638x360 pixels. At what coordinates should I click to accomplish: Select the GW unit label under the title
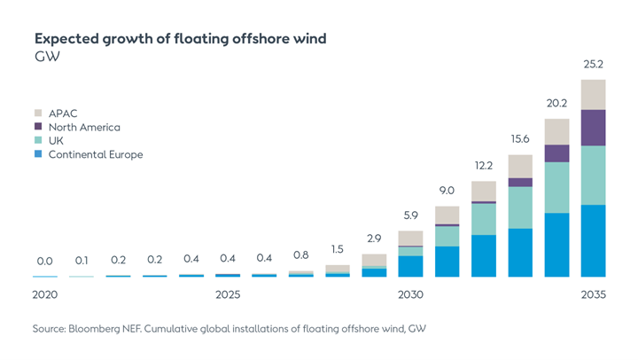[45, 57]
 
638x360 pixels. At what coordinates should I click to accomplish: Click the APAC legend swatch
[37, 113]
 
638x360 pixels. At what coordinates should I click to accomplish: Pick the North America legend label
[84, 127]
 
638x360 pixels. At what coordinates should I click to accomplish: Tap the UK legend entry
[56, 140]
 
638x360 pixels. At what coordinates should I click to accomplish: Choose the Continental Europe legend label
[95, 154]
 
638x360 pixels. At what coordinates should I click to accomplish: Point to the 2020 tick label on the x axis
[45, 294]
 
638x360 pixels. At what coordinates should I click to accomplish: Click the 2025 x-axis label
[228, 294]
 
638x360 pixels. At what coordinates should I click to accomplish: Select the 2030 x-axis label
[410, 294]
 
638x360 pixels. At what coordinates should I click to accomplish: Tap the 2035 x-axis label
[593, 294]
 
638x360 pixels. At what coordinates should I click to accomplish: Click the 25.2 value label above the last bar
[593, 65]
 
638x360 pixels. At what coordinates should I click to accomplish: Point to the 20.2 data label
[556, 103]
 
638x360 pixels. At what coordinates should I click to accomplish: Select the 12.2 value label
[483, 166]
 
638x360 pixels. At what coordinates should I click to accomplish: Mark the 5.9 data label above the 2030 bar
[410, 215]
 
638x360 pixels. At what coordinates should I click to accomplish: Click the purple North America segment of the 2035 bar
[593, 128]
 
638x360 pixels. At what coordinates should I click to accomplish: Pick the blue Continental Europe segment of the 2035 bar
[593, 240]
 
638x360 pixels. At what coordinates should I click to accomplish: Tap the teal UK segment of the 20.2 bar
[556, 187]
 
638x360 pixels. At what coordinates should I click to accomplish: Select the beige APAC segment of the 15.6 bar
[520, 166]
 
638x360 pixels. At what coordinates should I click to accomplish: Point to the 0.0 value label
[45, 262]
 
